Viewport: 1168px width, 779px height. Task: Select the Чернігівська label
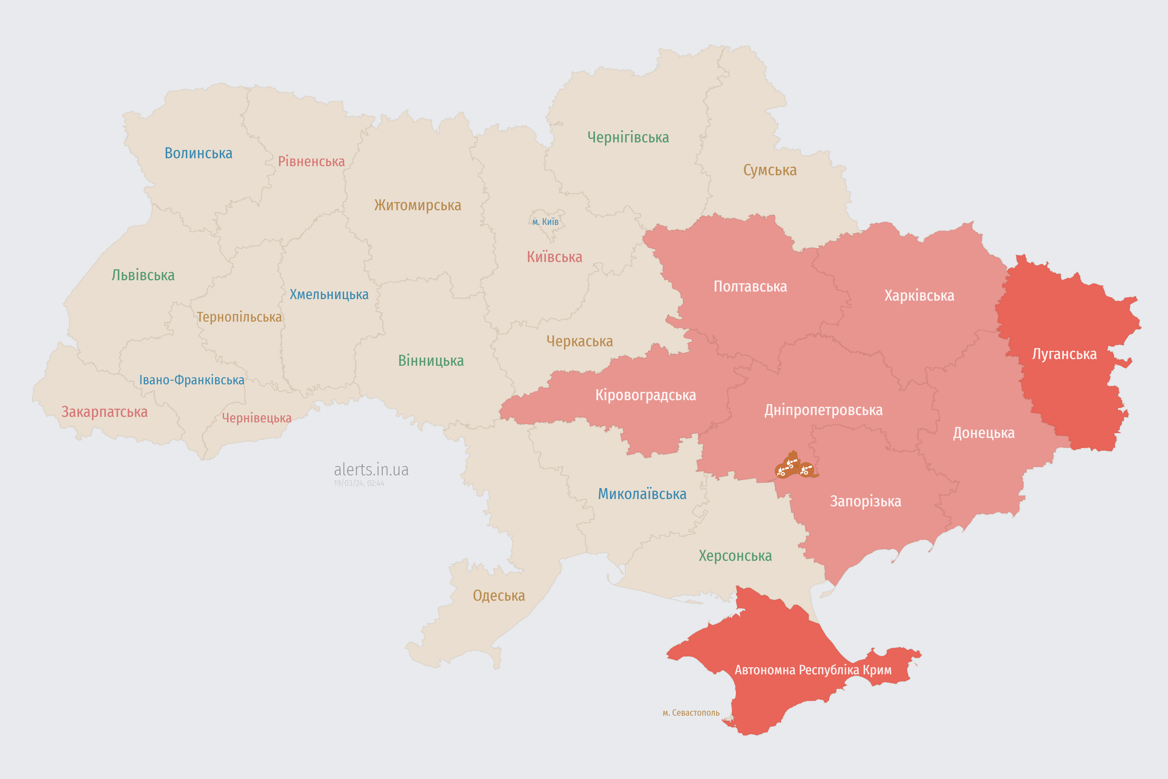coord(628,137)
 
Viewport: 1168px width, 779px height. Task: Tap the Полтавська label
coord(750,287)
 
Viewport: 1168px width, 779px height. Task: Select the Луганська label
coord(1064,354)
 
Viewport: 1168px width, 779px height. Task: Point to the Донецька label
coord(983,433)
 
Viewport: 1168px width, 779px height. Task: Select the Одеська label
coord(499,596)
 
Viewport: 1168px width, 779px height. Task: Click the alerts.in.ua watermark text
coord(371,470)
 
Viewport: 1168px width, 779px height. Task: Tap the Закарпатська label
coord(104,412)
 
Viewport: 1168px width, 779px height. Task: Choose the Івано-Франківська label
coord(192,380)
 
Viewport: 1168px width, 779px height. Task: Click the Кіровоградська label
coord(645,396)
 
